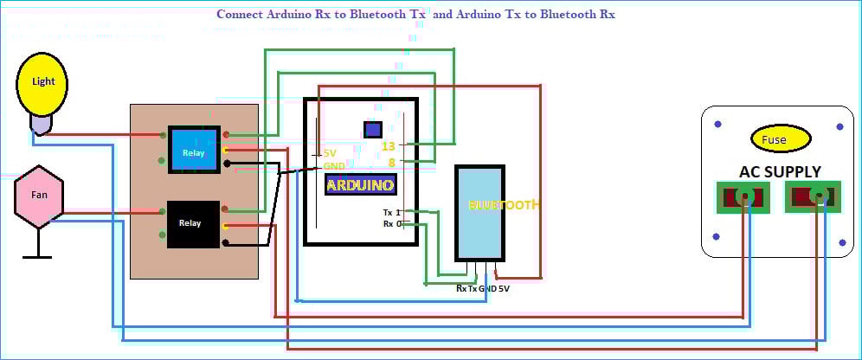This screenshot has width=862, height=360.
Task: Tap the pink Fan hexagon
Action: pyautogui.click(x=40, y=196)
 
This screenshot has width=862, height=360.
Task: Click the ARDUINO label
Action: pyautogui.click(x=360, y=185)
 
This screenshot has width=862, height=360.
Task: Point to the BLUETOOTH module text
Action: pyautogui.click(x=505, y=205)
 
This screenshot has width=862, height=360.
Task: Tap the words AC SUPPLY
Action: pyautogui.click(x=780, y=171)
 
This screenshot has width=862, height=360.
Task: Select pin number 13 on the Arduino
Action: pyautogui.click(x=389, y=146)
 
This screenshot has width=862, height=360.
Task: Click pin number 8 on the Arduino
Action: pyautogui.click(x=392, y=162)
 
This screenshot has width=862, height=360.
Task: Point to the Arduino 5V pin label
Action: pyautogui.click(x=329, y=154)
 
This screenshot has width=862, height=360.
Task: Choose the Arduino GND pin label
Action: pyautogui.click(x=333, y=166)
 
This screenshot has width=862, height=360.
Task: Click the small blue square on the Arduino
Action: pyautogui.click(x=373, y=130)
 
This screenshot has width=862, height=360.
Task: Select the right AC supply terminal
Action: pyautogui.click(x=814, y=197)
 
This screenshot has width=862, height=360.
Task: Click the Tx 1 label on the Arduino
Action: pyautogui.click(x=391, y=212)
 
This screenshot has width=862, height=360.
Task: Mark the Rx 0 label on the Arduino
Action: pyautogui.click(x=391, y=224)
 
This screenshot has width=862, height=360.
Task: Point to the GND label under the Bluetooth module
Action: pyautogui.click(x=487, y=288)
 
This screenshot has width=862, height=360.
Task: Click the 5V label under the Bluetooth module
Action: pyautogui.click(x=504, y=288)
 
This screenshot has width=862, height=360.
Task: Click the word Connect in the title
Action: pyautogui.click(x=235, y=15)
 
